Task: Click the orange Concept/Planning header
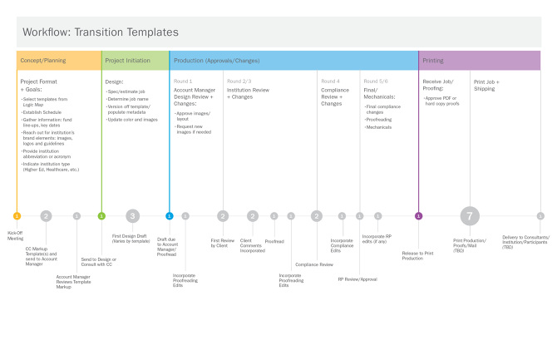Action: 58,61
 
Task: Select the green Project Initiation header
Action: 135,61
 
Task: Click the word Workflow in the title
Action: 46,32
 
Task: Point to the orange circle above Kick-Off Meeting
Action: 17,216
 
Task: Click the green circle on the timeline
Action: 101,216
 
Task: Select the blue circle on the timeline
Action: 169,216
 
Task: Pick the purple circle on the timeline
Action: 418,216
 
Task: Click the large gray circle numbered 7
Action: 470,216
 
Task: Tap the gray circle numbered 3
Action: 132,216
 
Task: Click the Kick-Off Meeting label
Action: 16,234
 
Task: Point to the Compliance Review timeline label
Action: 314,264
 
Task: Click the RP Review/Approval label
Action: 357,279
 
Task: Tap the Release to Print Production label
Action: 417,255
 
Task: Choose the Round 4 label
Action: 330,81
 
